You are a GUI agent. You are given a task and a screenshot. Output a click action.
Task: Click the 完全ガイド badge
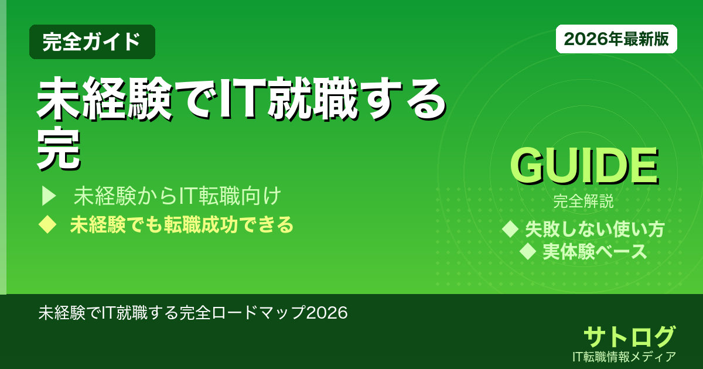pyautogui.click(x=92, y=42)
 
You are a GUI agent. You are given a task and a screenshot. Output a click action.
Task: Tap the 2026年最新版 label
pyautogui.click(x=616, y=39)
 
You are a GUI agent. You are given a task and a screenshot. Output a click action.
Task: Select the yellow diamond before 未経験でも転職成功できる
pyautogui.click(x=46, y=225)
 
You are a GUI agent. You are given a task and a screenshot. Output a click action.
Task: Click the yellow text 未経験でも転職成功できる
pyautogui.click(x=182, y=225)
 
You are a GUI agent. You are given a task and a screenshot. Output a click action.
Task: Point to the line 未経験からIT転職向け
pyautogui.click(x=179, y=196)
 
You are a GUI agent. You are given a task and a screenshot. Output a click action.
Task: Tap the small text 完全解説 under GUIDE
pyautogui.click(x=583, y=202)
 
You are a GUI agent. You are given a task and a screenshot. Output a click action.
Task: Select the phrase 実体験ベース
pyautogui.click(x=595, y=252)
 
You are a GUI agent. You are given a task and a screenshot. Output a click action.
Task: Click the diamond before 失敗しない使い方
pyautogui.click(x=511, y=229)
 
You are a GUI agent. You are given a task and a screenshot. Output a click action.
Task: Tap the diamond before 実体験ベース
pyautogui.click(x=528, y=252)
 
